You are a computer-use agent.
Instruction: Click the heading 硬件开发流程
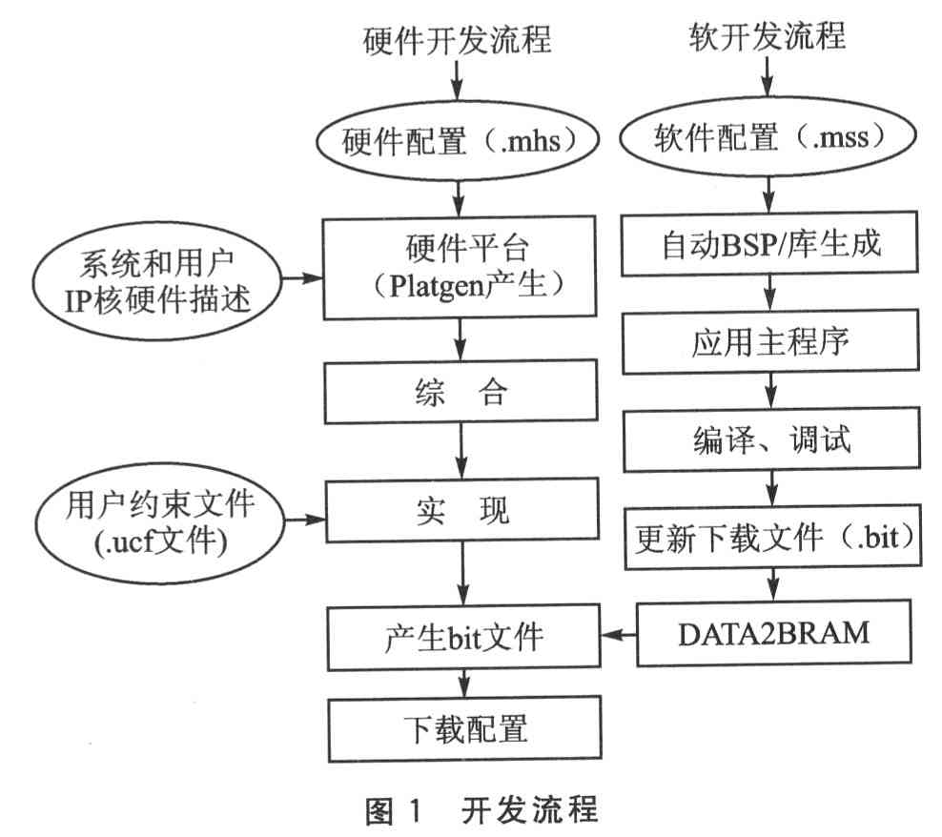tap(458, 40)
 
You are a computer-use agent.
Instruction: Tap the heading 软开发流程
tap(768, 36)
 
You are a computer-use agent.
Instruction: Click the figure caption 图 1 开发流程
tap(481, 810)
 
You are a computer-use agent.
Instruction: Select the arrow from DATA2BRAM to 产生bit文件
tap(619, 635)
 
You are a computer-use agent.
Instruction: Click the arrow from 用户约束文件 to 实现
tap(305, 519)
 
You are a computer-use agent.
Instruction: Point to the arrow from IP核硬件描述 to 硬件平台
tap(302, 277)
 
